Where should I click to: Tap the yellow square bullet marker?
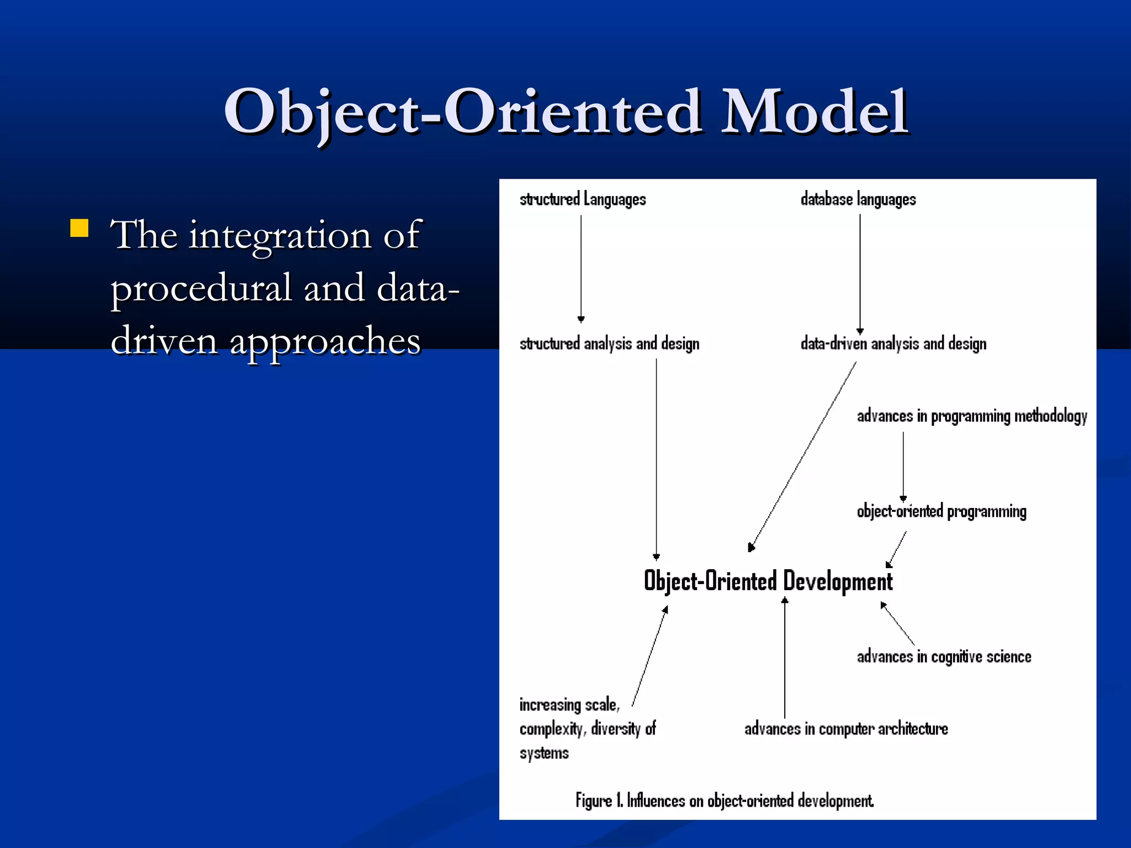coord(80,228)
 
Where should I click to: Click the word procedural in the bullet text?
coord(201,289)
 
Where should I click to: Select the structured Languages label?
coord(583,199)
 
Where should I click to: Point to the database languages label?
coord(858,199)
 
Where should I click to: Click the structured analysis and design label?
coord(609,344)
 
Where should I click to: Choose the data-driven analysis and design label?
coord(893,344)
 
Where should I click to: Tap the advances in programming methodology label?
coord(972,416)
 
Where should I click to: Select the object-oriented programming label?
coord(941,512)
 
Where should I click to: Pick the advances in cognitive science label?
coord(944,657)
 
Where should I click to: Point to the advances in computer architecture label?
coord(846,729)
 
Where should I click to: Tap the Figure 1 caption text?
coord(725,801)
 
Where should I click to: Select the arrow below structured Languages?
coord(581,268)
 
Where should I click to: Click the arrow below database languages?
coord(860,273)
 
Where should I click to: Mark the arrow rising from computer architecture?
coord(785,657)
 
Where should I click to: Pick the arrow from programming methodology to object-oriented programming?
coord(903,466)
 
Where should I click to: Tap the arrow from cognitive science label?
coord(897,623)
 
